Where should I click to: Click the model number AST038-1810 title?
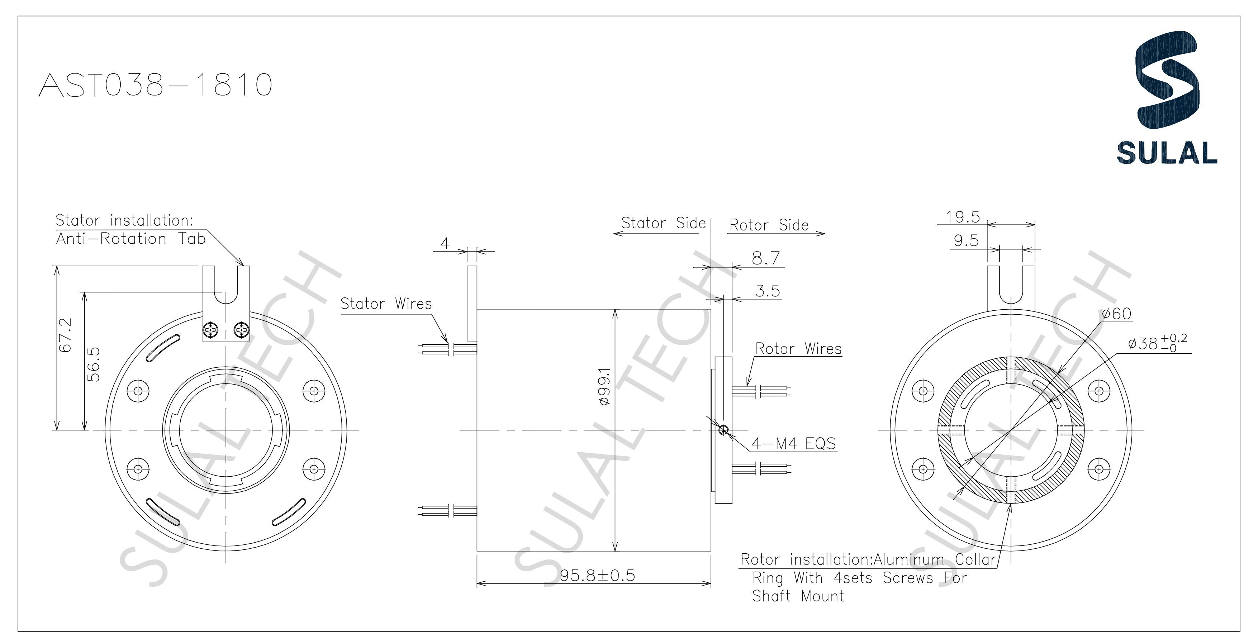pos(155,85)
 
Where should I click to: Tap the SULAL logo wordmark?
pos(1167,153)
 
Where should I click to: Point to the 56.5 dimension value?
pos(93,364)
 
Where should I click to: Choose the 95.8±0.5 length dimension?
pos(597,575)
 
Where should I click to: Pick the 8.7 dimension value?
pos(765,258)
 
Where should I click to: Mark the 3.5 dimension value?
pos(768,291)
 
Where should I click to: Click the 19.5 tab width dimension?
pos(963,217)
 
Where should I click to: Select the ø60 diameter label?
pos(1117,314)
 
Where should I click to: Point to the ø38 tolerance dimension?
pos(1157,344)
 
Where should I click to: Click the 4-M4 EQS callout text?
pos(794,443)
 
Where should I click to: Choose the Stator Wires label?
pos(386,304)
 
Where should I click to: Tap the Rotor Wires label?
pos(798,349)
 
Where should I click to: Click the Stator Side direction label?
pos(663,223)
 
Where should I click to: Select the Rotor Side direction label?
pos(769,225)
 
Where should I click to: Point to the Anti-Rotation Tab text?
pos(131,239)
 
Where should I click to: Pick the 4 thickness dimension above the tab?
pos(445,243)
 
